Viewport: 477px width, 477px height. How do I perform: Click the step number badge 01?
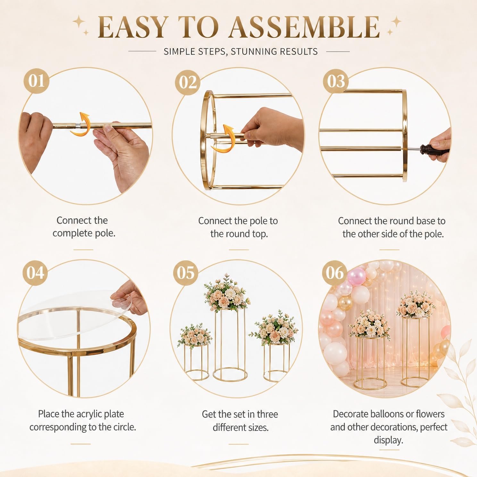coord(36,80)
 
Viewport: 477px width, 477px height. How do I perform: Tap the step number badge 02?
coord(188,82)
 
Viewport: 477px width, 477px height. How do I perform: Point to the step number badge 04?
coord(35,273)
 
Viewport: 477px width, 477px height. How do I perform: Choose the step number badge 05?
coord(186,273)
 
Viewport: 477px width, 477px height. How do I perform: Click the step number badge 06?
coord(335,273)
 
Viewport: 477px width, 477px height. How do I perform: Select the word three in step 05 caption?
coord(267,414)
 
